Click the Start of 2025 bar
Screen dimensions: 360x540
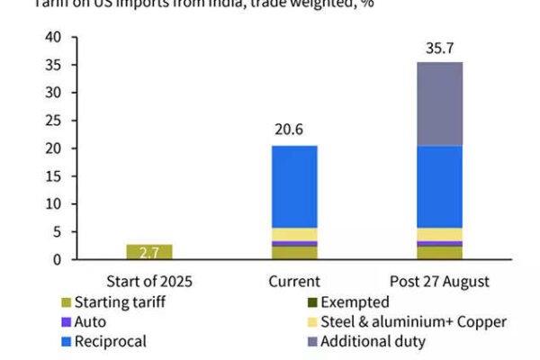(149, 252)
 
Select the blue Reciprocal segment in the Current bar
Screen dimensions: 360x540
(294, 186)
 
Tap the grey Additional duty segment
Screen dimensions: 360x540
(440, 103)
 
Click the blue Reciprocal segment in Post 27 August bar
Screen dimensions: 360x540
(440, 186)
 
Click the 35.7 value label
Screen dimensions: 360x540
(440, 49)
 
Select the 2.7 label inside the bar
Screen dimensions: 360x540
(149, 253)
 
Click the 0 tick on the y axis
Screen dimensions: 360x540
(57, 260)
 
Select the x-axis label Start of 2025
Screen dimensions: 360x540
(149, 281)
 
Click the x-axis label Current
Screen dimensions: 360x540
(294, 281)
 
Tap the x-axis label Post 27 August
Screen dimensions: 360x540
(440, 281)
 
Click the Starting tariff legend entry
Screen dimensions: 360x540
(122, 302)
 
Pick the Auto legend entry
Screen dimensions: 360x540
(90, 322)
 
